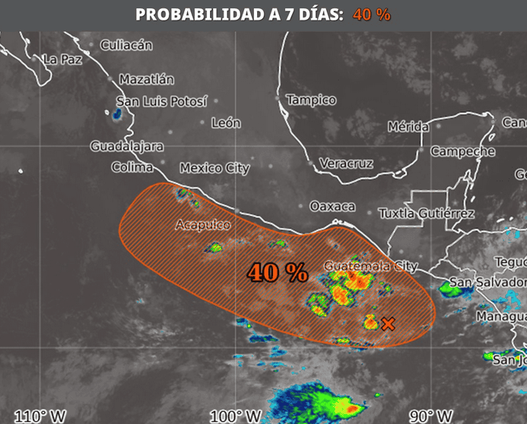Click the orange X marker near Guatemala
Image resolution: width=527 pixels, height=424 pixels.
tap(388, 324)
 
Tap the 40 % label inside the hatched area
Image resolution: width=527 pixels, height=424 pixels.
tap(276, 273)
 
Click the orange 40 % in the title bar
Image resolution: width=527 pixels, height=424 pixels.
tap(372, 14)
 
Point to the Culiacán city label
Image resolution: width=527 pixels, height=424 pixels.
tap(126, 45)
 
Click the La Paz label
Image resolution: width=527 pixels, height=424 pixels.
tap(62, 59)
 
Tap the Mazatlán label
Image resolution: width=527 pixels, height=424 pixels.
tap(146, 79)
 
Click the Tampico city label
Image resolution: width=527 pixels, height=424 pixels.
tap(311, 99)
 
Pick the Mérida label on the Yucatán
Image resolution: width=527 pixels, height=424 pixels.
tap(408, 127)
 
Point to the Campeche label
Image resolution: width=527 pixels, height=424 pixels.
tap(463, 151)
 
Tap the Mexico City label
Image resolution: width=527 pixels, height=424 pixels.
tap(215, 168)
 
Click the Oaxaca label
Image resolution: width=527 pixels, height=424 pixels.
tap(332, 206)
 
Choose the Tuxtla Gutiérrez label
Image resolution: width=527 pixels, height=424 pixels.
tap(426, 213)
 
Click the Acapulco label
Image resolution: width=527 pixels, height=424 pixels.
tap(202, 225)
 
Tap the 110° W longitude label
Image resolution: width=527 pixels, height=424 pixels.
tap(40, 416)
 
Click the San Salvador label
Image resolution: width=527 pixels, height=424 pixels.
tap(488, 284)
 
